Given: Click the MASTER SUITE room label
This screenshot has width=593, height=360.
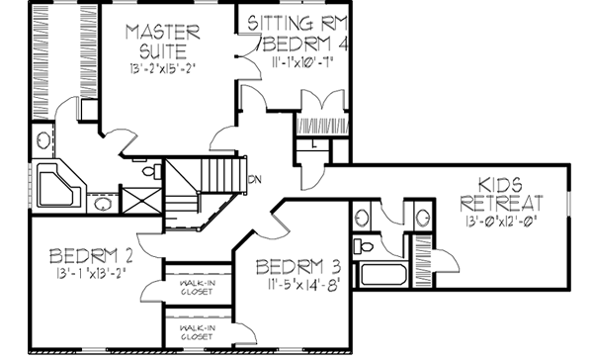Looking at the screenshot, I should point(164,43).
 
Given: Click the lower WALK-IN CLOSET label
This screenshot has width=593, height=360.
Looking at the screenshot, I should point(198,331).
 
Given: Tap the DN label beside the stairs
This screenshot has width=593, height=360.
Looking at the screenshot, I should point(254,179).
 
